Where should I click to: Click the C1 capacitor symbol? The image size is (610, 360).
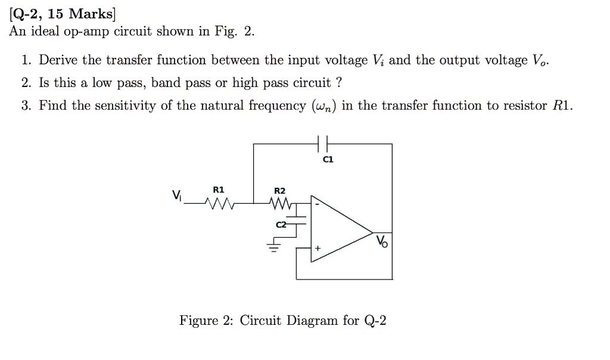323,144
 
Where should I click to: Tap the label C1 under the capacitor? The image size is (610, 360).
328,160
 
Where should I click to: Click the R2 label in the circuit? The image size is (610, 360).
279,191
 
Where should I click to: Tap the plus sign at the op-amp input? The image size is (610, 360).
318,246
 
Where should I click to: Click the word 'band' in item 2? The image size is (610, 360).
163,83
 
